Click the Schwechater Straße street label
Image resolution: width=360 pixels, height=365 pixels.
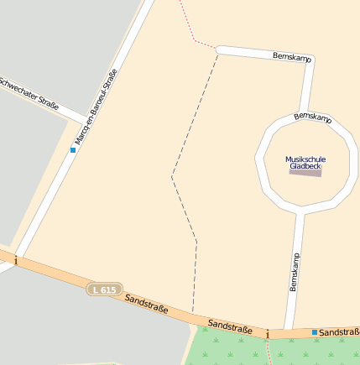tap(30, 95)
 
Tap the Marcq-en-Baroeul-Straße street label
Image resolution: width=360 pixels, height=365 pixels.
tap(96, 108)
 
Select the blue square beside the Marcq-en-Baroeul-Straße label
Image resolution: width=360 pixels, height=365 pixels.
tap(73, 150)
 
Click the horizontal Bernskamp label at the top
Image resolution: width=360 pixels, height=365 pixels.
tap(292, 57)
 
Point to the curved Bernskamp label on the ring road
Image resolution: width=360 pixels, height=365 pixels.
tap(313, 117)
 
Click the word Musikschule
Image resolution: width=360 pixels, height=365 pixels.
tap(305, 159)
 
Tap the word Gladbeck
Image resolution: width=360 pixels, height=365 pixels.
tap(305, 166)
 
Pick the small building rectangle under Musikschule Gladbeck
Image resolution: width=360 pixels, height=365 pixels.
tap(305, 173)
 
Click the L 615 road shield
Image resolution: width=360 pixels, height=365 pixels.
tap(105, 289)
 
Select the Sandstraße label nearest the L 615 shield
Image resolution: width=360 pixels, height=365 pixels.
tap(146, 304)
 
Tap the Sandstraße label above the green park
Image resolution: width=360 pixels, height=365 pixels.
tap(230, 326)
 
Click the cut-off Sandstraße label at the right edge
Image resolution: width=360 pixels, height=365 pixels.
tap(340, 332)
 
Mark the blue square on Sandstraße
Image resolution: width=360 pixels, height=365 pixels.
tap(315, 332)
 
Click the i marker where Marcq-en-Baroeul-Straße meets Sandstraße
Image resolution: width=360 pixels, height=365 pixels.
tap(15, 261)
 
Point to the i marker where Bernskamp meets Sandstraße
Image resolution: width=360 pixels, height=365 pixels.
tap(268, 335)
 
